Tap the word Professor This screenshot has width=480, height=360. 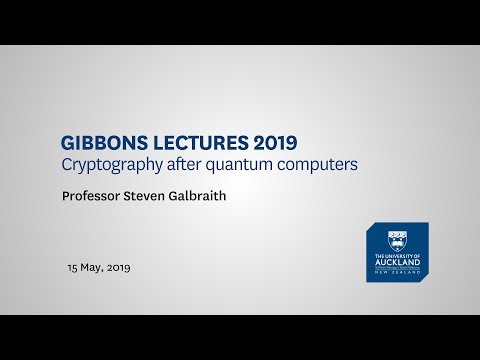click(95, 197)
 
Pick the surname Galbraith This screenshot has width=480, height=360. click(213, 197)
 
